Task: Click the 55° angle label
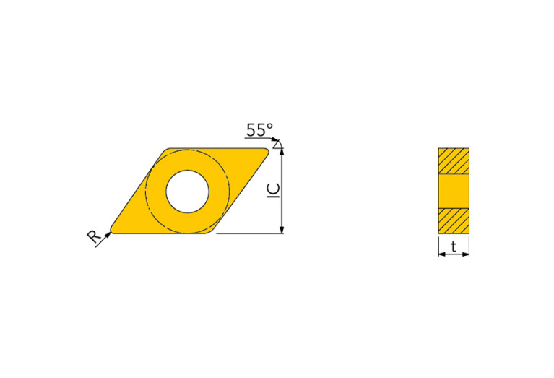259,130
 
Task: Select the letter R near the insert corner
93,236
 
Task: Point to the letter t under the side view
454,247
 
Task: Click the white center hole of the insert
187,192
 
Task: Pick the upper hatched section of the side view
454,160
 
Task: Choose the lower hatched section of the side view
454,221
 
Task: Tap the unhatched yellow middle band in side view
454,191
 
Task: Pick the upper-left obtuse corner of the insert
165,150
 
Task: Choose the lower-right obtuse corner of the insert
215,232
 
